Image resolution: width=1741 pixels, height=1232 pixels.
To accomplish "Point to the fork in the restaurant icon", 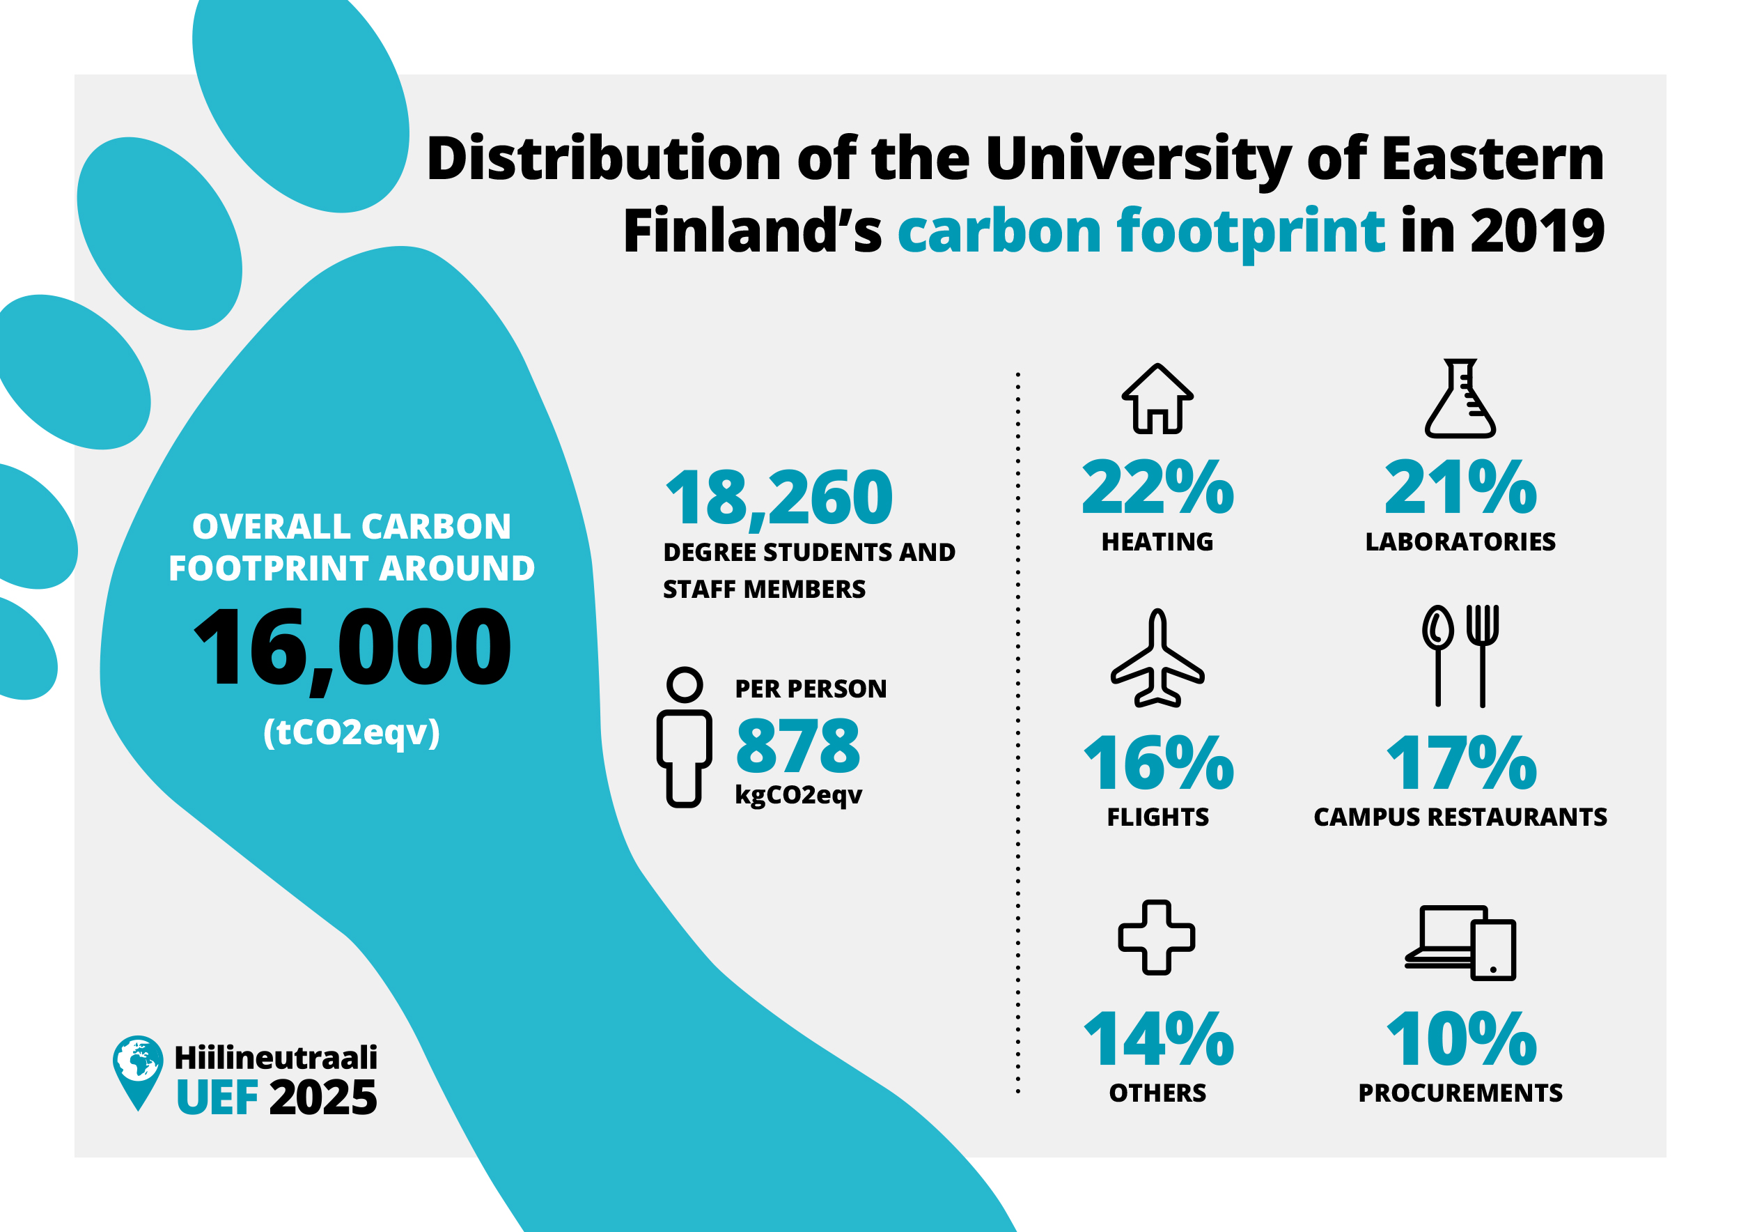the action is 1483,656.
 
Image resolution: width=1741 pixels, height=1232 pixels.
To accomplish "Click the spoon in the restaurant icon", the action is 1437,656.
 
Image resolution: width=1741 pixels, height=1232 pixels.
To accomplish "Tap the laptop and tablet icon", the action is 1460,943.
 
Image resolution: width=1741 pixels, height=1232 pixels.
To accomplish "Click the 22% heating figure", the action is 1158,487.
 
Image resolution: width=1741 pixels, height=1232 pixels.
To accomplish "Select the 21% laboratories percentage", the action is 1460,487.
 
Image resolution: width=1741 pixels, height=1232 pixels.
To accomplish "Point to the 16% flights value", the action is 1159,762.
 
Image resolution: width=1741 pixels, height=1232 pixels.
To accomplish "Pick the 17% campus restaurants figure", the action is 1461,762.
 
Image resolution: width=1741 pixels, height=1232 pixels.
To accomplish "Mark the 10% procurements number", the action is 1461,1038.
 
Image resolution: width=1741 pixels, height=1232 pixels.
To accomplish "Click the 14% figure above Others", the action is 1159,1038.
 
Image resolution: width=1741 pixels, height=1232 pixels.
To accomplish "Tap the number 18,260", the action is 779,498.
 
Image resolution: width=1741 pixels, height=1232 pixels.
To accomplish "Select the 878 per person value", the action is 797,745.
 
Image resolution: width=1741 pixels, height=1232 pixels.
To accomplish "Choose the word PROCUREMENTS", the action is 1460,1093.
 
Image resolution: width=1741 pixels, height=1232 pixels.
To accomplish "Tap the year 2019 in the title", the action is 1538,231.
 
